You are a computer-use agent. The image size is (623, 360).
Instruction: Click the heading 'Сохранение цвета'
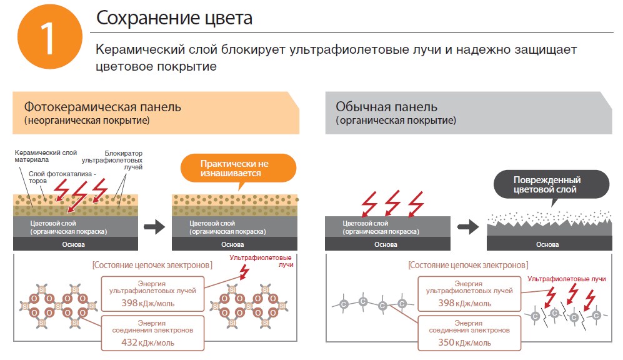click(x=174, y=18)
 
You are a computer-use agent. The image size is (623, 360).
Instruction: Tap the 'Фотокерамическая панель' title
click(x=102, y=106)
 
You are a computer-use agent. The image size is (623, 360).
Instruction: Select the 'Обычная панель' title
click(x=386, y=106)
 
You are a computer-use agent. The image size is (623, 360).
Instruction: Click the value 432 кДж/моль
click(x=147, y=342)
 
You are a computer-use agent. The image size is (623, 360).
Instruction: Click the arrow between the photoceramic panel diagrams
click(x=154, y=227)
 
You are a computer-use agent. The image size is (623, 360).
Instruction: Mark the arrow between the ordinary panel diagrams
click(x=468, y=227)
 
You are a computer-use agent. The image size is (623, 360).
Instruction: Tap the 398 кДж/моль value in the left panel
click(x=147, y=303)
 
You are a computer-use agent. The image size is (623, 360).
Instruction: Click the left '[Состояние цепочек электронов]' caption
click(x=152, y=265)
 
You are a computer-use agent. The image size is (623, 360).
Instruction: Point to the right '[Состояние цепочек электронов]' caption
click(x=468, y=265)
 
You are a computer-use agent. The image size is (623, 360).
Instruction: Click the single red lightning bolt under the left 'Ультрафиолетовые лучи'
click(x=243, y=271)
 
